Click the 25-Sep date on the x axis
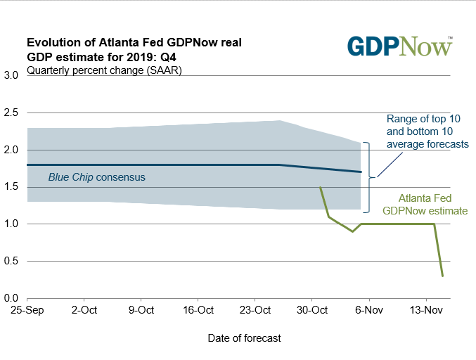(x=27, y=310)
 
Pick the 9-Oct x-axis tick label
(x=141, y=310)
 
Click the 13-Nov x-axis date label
(x=426, y=310)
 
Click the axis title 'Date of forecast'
(x=244, y=338)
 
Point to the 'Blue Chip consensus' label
(x=96, y=178)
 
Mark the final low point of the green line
(x=442, y=276)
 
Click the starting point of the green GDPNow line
(x=321, y=187)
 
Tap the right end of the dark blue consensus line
(x=361, y=172)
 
